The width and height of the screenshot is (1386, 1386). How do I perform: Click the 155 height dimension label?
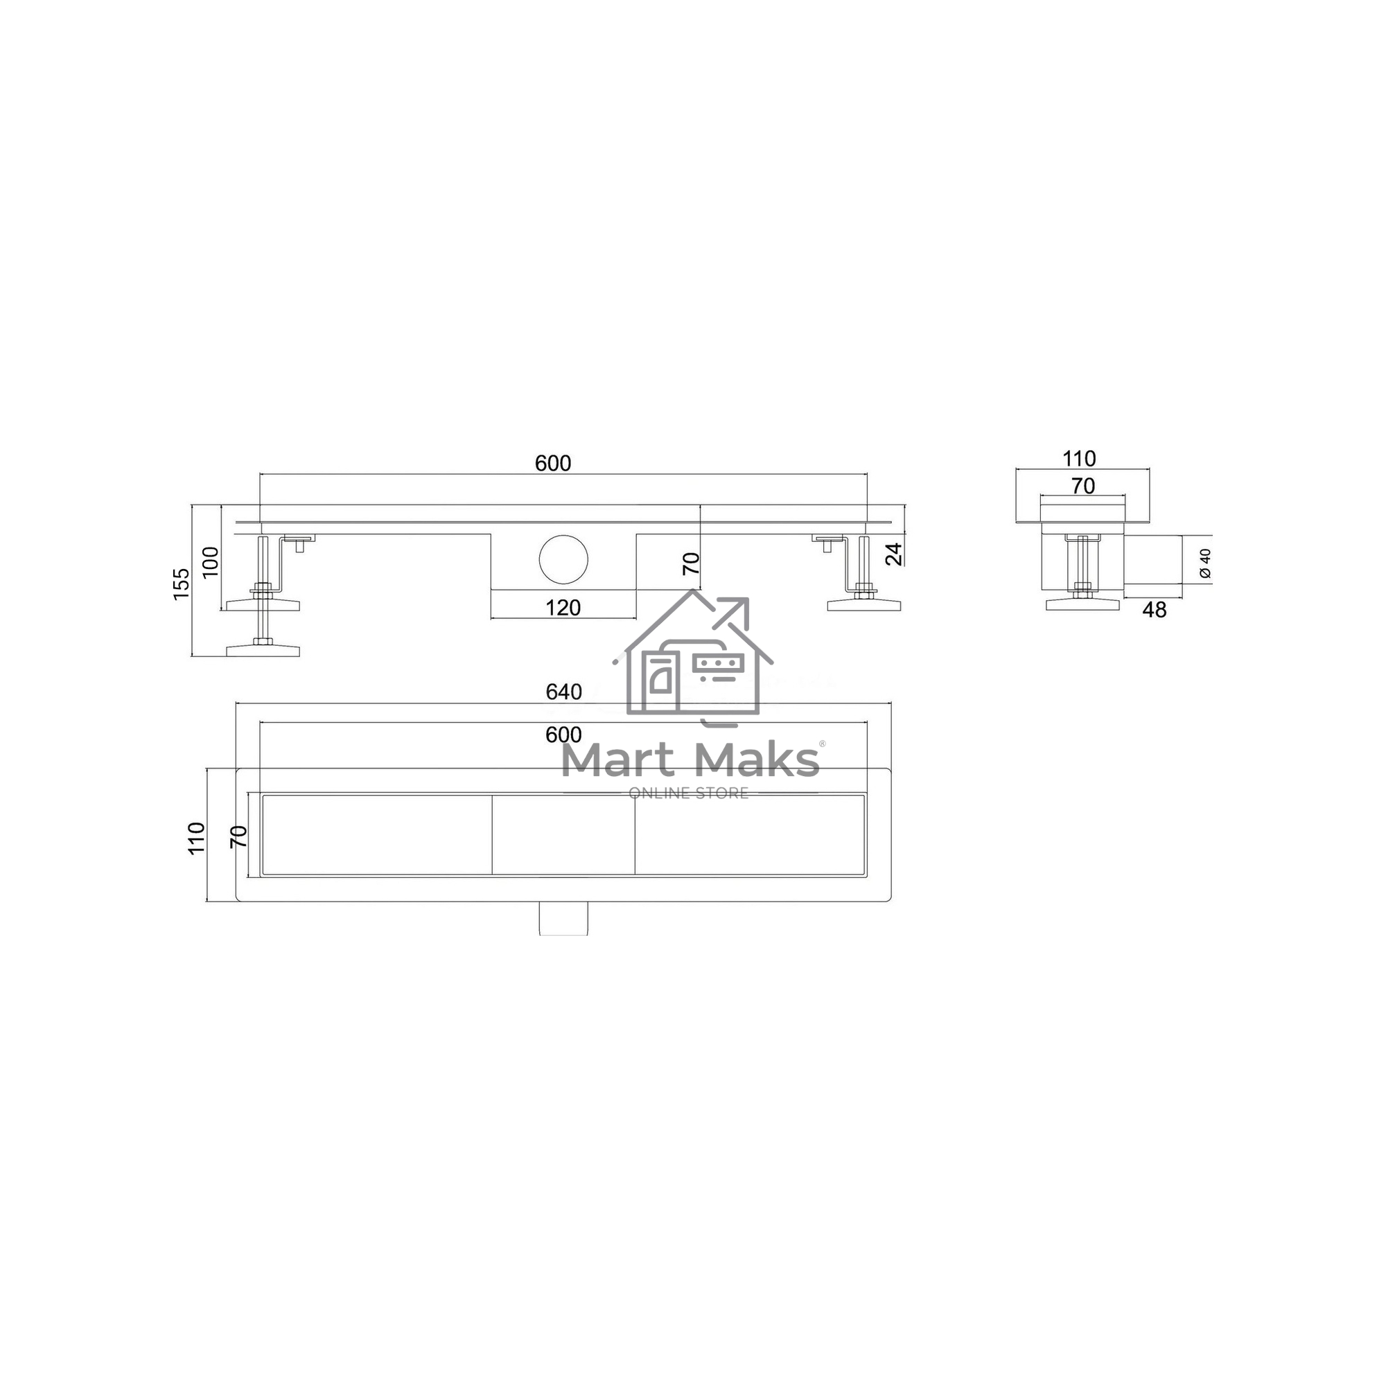click(182, 584)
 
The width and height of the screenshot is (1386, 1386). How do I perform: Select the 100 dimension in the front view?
click(210, 562)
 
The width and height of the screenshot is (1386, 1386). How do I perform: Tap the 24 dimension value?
click(894, 554)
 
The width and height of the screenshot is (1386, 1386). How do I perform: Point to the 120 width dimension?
click(563, 608)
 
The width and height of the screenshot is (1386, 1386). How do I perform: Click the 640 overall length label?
click(564, 692)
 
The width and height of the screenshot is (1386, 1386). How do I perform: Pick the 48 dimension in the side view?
click(1155, 610)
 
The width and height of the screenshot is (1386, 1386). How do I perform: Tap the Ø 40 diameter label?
click(1205, 563)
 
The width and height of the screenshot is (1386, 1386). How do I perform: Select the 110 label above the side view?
click(1079, 458)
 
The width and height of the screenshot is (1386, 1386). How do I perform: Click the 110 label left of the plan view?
click(197, 838)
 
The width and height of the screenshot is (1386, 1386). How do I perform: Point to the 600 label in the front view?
click(553, 464)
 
